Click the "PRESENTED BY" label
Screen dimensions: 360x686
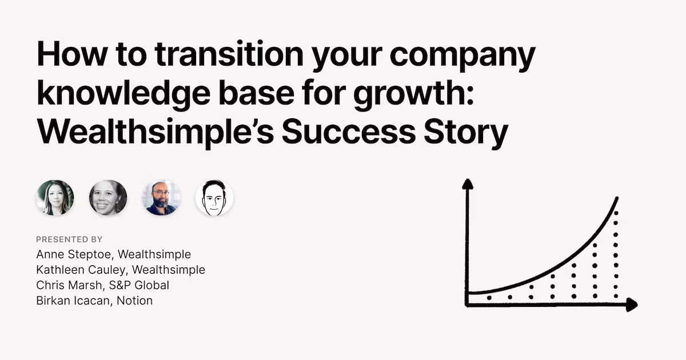tap(69, 239)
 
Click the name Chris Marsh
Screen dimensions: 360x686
tap(64, 285)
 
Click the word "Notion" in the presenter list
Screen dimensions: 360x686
tap(134, 300)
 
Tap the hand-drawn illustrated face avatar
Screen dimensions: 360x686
tap(214, 198)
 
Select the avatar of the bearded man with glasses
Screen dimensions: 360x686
tap(161, 198)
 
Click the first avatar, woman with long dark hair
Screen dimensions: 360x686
tap(55, 198)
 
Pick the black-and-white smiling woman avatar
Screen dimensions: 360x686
tap(108, 198)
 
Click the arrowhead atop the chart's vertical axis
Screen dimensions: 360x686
tap(468, 184)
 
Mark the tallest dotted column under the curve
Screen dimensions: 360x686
tap(615, 254)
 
